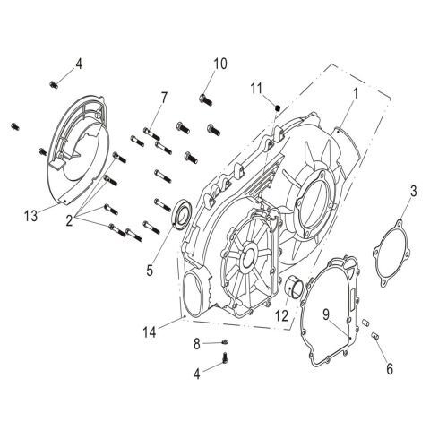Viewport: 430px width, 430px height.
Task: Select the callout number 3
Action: coord(413,190)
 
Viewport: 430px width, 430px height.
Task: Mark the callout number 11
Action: coord(255,90)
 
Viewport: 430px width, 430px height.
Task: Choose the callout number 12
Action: coord(281,315)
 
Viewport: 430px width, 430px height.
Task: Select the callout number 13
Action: coord(30,215)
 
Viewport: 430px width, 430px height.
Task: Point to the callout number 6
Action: coord(388,368)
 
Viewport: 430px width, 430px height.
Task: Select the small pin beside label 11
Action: coord(278,108)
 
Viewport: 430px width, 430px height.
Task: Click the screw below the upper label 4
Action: coord(53,84)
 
